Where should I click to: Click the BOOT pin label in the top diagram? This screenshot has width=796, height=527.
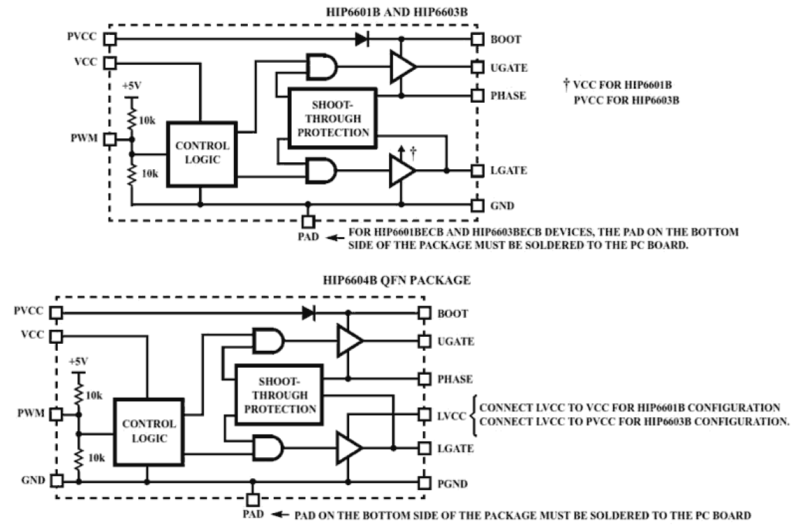(506, 39)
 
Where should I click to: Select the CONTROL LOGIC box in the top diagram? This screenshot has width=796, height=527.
(202, 153)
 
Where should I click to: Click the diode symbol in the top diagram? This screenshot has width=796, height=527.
(363, 39)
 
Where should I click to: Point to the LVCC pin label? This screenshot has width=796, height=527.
(452, 415)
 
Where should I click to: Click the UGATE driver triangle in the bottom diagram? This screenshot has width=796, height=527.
(349, 341)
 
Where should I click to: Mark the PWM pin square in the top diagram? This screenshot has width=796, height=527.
(110, 139)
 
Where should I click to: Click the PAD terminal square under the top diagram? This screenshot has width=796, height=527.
(308, 221)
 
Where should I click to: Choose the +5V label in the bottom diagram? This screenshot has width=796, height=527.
(78, 361)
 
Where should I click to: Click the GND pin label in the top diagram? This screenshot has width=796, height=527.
(502, 206)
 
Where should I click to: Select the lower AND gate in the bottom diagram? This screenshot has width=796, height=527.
(268, 448)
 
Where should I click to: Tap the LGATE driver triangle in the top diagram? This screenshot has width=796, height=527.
(402, 171)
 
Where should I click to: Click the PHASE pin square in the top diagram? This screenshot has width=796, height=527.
(477, 96)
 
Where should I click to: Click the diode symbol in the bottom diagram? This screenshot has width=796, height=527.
(309, 313)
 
